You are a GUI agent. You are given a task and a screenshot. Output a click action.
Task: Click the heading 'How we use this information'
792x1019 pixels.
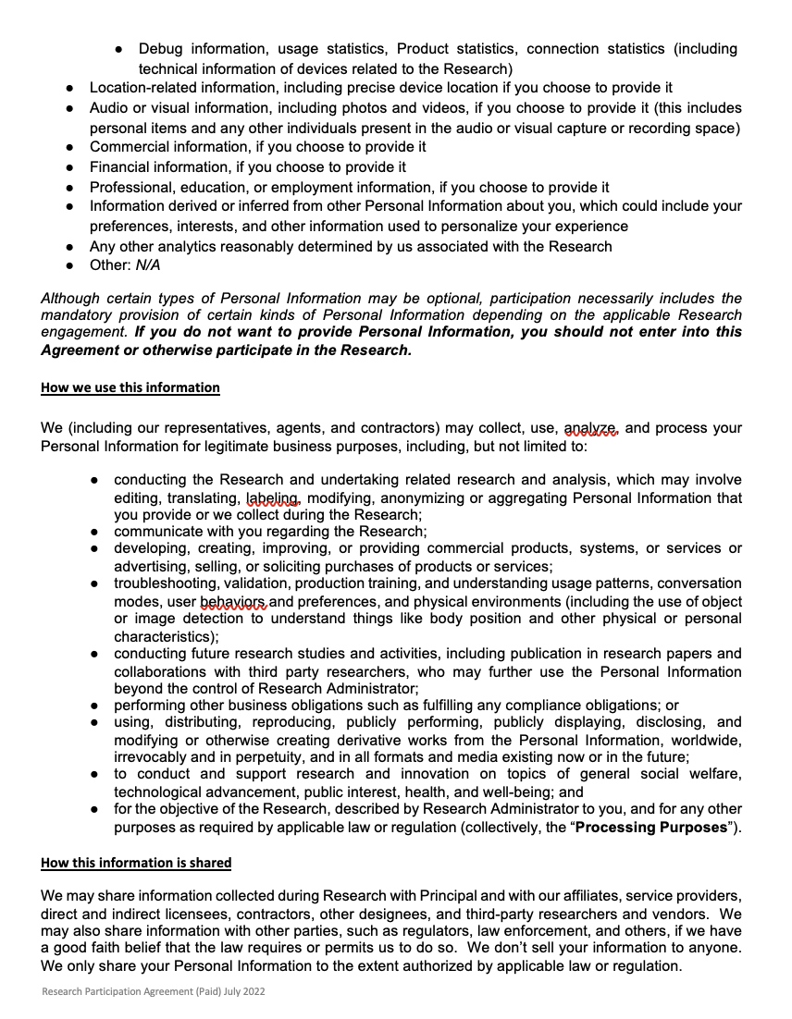point(130,387)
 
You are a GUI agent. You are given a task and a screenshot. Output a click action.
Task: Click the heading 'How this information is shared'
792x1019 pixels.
point(136,863)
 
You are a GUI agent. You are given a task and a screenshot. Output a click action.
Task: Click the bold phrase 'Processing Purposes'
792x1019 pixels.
point(651,827)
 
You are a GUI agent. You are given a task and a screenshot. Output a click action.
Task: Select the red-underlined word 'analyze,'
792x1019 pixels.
point(591,428)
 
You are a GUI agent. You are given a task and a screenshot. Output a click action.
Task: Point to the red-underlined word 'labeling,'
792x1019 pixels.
point(274,497)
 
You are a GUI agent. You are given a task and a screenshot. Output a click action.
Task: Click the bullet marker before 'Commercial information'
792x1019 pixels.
point(70,147)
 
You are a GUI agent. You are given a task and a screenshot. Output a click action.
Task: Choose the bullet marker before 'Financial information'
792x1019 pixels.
point(70,167)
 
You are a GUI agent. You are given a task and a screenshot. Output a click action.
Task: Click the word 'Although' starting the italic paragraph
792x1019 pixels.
point(70,298)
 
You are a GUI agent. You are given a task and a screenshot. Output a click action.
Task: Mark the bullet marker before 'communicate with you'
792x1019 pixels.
point(94,532)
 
